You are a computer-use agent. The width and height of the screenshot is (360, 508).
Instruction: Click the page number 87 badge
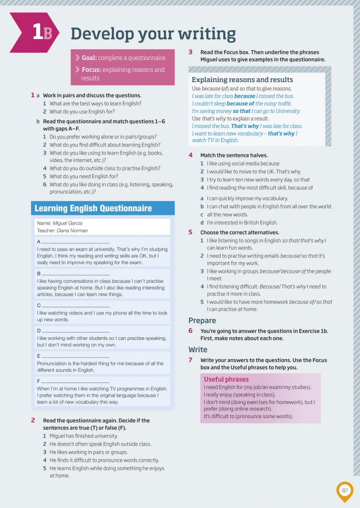[345, 491]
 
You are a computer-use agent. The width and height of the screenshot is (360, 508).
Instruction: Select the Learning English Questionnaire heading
[93, 208]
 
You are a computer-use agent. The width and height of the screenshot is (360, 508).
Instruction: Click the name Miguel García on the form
[68, 223]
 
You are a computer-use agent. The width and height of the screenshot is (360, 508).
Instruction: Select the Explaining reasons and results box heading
[242, 80]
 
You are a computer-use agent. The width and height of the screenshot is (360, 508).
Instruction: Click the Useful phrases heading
[226, 379]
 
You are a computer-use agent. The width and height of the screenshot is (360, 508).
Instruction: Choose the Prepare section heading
[202, 321]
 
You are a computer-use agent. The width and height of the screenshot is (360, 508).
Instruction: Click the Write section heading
[198, 350]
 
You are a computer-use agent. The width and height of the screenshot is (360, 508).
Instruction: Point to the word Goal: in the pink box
[89, 58]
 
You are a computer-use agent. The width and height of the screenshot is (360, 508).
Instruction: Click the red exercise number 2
[33, 420]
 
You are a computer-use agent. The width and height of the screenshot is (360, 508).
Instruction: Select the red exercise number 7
[190, 360]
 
